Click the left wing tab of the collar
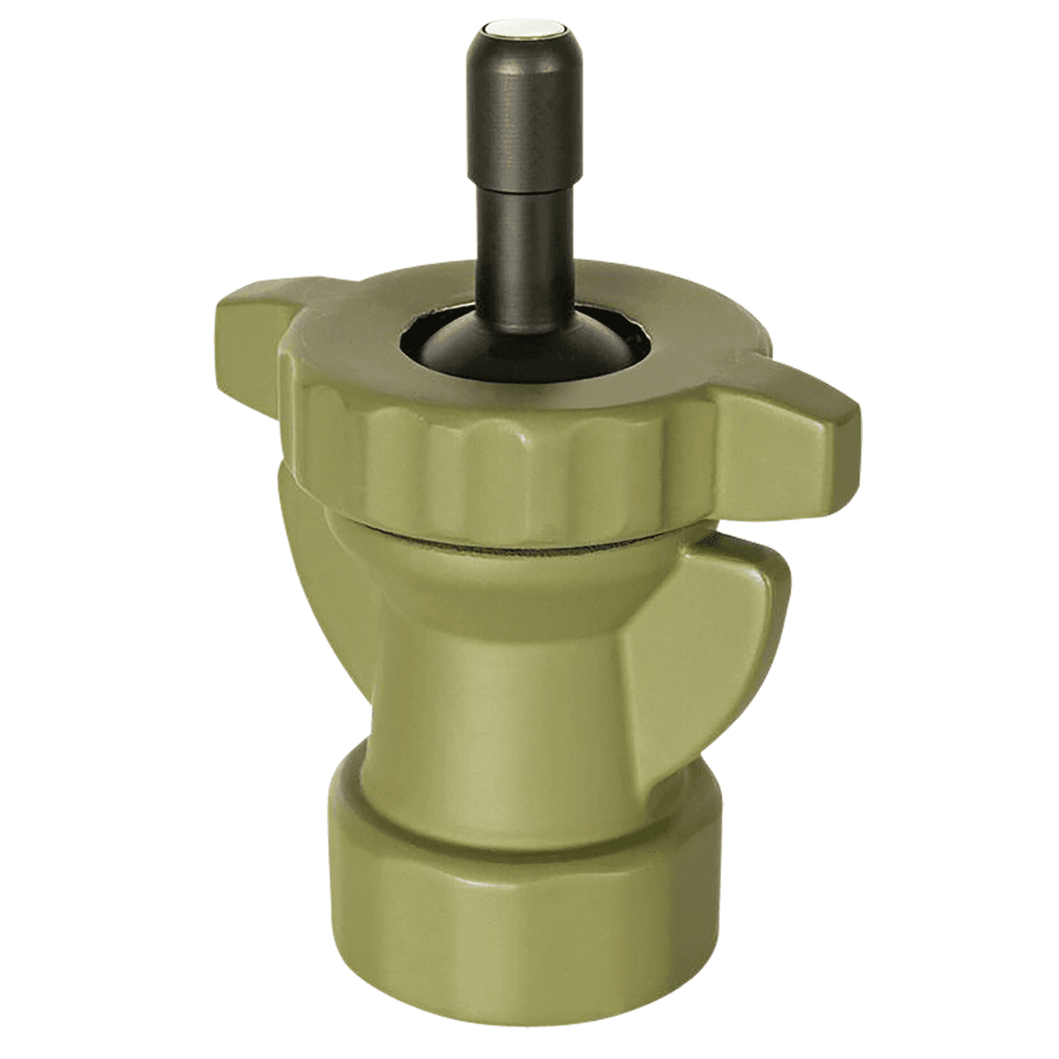click(256, 330)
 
